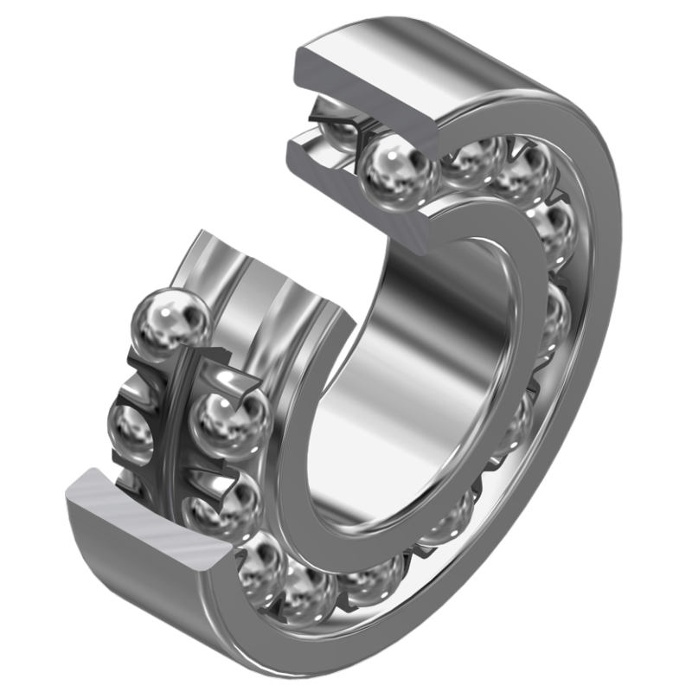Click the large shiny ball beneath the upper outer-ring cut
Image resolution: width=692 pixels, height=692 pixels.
[x=396, y=169]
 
